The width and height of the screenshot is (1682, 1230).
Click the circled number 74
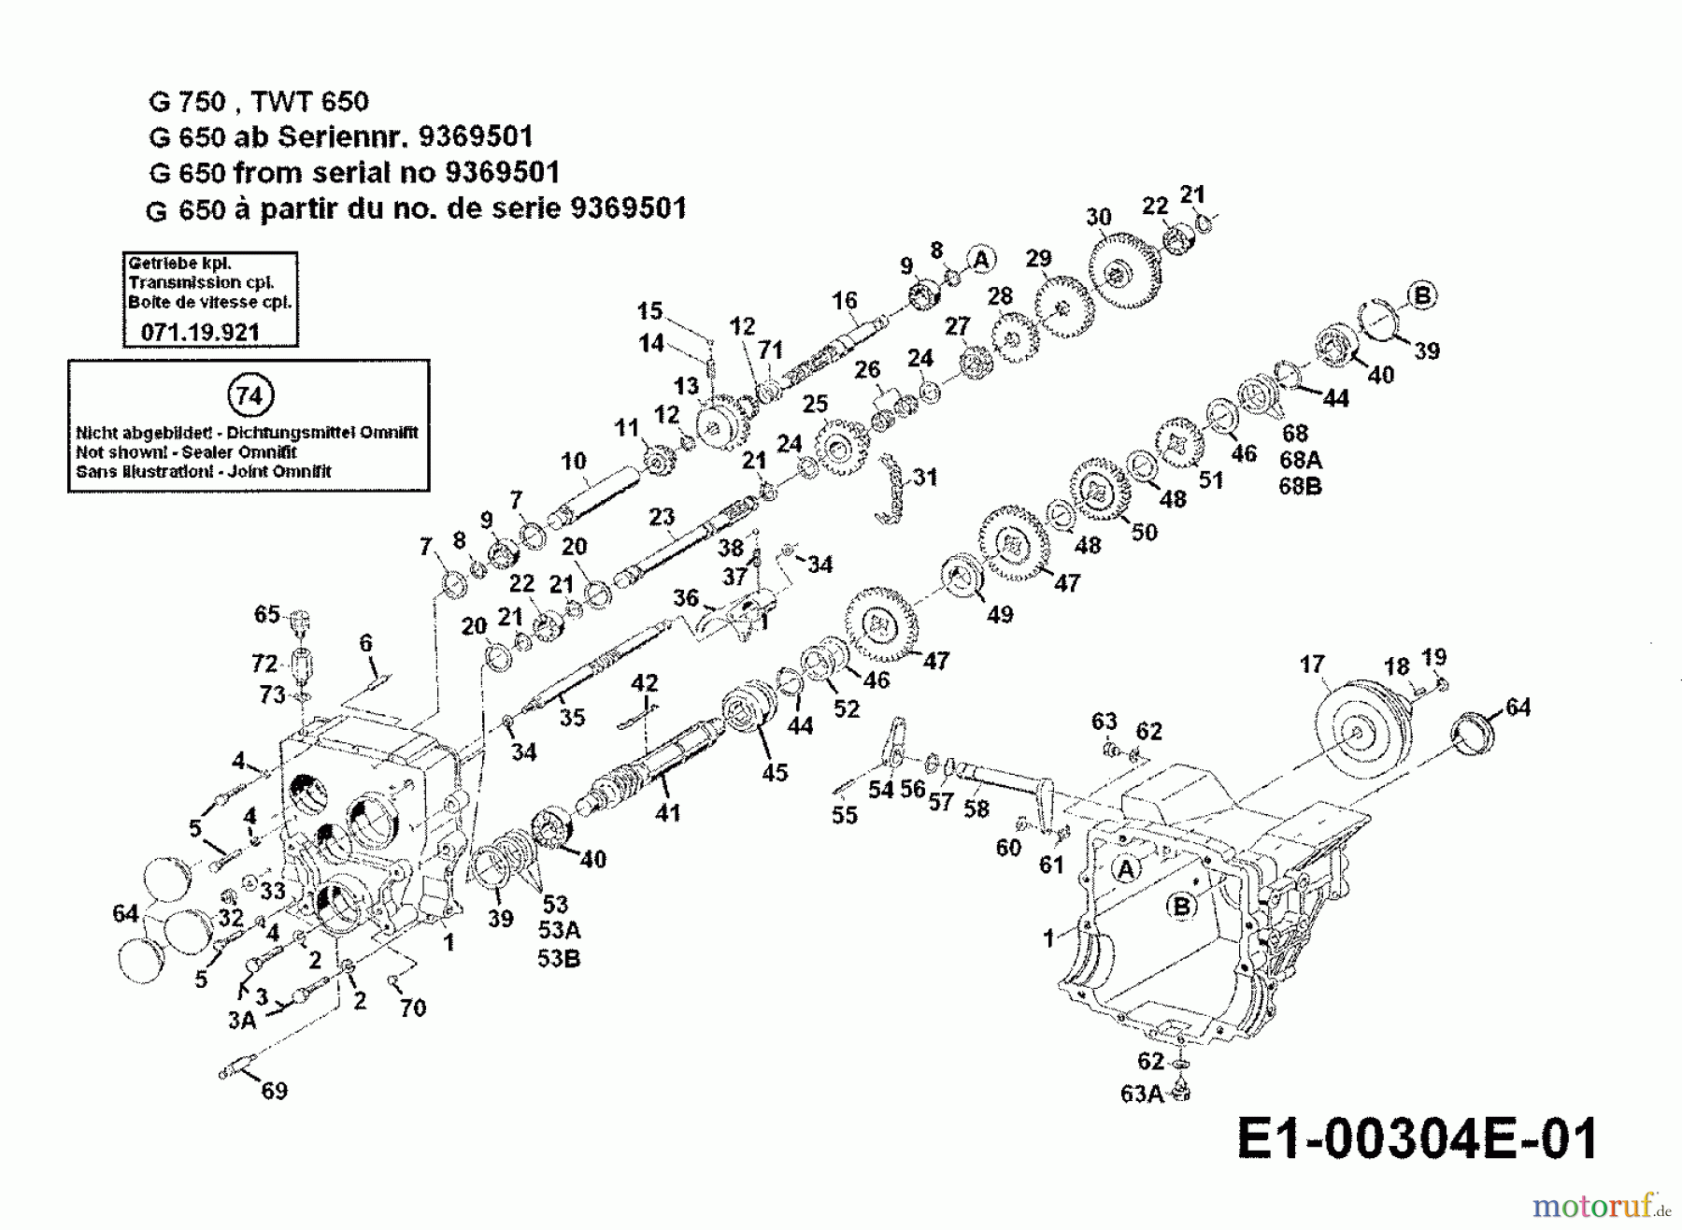pyautogui.click(x=249, y=395)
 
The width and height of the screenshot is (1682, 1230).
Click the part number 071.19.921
pyautogui.click(x=200, y=332)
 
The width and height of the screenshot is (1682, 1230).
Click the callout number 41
pyautogui.click(x=667, y=813)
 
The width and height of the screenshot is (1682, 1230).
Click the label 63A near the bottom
pyautogui.click(x=1141, y=1093)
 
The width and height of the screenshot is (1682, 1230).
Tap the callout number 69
pyautogui.click(x=274, y=1090)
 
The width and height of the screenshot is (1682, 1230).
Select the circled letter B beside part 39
pyautogui.click(x=1422, y=296)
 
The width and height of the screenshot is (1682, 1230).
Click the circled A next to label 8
pyautogui.click(x=980, y=259)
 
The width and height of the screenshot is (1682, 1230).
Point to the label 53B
pyautogui.click(x=559, y=958)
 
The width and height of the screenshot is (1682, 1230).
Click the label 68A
pyautogui.click(x=1300, y=460)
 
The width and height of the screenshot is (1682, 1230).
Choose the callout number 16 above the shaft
pyautogui.click(x=844, y=300)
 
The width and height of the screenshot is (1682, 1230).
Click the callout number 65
pyautogui.click(x=266, y=614)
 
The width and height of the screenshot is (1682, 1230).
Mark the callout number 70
pyautogui.click(x=412, y=1008)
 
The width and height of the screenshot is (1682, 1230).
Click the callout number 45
pyautogui.click(x=775, y=772)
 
